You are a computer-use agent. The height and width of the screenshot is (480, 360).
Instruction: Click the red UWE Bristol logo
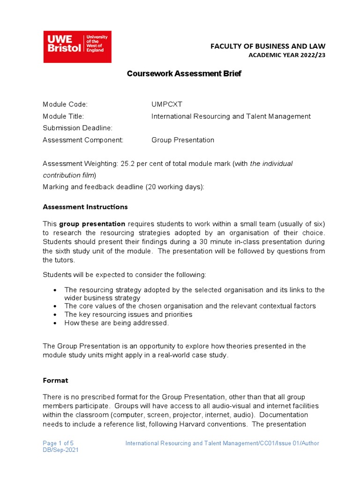77,47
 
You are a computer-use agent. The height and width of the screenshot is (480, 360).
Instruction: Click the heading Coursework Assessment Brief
184,74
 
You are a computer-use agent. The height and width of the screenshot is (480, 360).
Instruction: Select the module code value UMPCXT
164,104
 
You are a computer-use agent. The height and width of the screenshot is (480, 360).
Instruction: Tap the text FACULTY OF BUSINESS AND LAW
267,46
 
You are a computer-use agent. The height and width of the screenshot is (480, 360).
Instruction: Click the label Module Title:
63,116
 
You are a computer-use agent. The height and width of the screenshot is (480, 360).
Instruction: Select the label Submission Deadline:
77,128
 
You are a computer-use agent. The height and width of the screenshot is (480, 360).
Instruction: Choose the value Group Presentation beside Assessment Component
182,140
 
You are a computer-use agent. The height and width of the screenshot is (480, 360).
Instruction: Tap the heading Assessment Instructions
85,207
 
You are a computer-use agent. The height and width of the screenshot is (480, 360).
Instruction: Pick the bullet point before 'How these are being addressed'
56,323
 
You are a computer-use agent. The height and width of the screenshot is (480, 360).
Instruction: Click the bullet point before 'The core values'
56,306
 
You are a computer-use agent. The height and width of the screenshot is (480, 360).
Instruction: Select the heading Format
55,380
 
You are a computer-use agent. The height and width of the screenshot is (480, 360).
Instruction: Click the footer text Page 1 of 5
58,443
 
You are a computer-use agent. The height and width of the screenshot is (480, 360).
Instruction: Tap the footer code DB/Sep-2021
60,450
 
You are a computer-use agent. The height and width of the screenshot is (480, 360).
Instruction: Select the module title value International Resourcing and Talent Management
231,116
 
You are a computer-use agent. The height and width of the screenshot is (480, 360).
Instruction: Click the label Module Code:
65,104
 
